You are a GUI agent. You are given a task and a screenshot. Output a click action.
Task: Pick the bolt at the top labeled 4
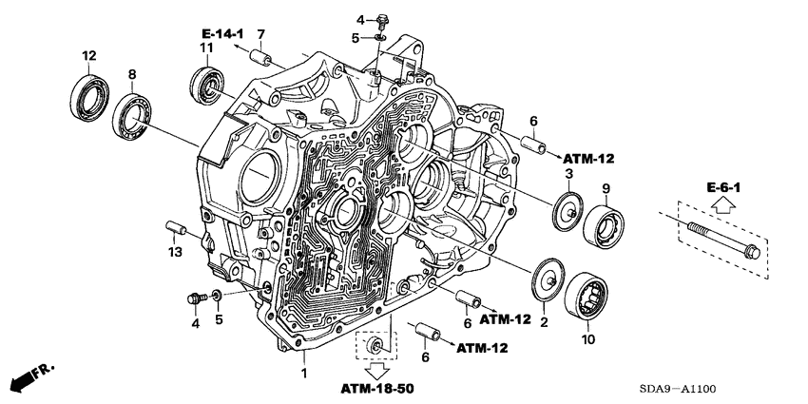point(383,18)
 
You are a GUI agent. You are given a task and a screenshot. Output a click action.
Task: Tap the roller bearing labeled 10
point(587,297)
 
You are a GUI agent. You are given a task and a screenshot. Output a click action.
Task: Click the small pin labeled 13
point(174,227)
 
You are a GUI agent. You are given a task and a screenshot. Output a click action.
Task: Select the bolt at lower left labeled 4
point(197,298)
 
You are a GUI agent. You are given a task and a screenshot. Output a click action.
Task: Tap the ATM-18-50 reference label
point(377,389)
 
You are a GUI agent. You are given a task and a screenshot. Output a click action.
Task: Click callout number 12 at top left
point(87,54)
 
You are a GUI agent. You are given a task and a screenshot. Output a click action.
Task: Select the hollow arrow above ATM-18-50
point(376,368)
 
